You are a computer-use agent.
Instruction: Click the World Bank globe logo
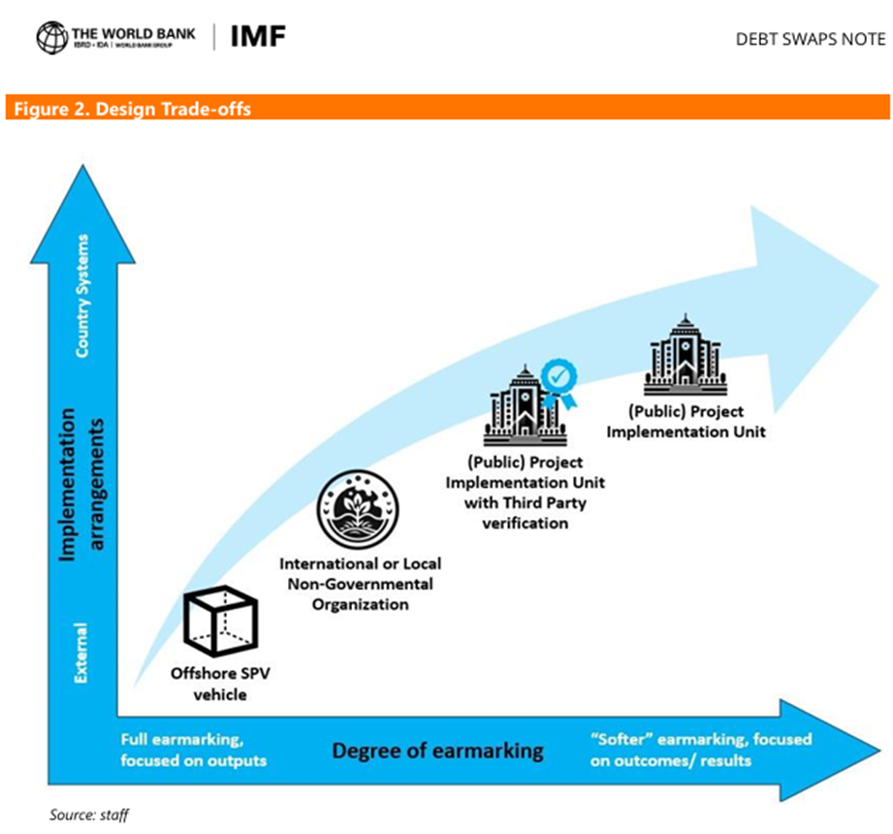[x=52, y=38]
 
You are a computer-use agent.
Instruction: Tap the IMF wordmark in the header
[x=259, y=37]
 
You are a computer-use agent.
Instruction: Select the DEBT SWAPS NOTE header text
[x=812, y=39]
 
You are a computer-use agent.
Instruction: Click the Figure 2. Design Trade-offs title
[x=133, y=109]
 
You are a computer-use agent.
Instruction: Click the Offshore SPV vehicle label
[x=208, y=683]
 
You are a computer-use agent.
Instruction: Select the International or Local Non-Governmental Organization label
[x=358, y=583]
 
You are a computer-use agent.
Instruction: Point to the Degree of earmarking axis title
[x=437, y=750]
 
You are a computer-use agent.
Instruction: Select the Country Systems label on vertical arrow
[x=80, y=313]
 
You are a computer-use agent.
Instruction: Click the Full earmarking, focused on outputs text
[x=194, y=749]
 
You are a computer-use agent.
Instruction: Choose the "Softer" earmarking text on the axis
[x=701, y=750]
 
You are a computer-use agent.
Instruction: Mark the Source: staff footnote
[x=89, y=815]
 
